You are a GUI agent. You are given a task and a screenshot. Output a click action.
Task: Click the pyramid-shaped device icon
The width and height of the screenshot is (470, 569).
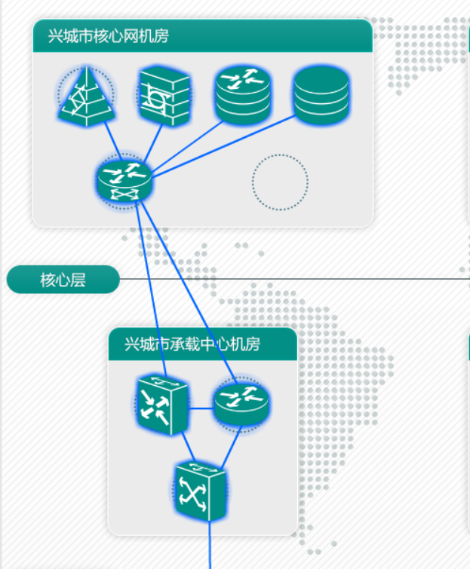pyautogui.click(x=87, y=96)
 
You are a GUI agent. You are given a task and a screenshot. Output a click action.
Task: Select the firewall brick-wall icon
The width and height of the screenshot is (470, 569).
pyautogui.click(x=164, y=96)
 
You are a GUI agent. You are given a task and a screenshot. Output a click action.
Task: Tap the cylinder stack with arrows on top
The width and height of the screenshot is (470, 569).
pyautogui.click(x=243, y=94)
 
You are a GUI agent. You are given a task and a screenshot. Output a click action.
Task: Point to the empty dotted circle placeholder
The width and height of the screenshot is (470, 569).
pyautogui.click(x=280, y=182)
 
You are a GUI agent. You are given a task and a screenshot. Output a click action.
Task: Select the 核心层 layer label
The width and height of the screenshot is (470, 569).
pyautogui.click(x=63, y=280)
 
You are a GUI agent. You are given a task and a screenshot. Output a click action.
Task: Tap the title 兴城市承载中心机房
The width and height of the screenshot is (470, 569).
pyautogui.click(x=192, y=344)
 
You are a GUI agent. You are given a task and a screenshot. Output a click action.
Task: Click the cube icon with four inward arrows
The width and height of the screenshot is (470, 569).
pyautogui.click(x=162, y=405)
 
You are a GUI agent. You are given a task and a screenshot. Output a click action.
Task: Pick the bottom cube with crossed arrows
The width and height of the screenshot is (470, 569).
pyautogui.click(x=201, y=492)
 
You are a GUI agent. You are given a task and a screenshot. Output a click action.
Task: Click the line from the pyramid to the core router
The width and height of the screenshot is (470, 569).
pyautogui.click(x=112, y=142)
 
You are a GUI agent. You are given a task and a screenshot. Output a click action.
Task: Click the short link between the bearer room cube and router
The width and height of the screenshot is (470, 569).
pyautogui.click(x=201, y=408)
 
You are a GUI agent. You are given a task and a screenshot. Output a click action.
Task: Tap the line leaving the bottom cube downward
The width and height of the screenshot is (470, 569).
pyautogui.click(x=209, y=546)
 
